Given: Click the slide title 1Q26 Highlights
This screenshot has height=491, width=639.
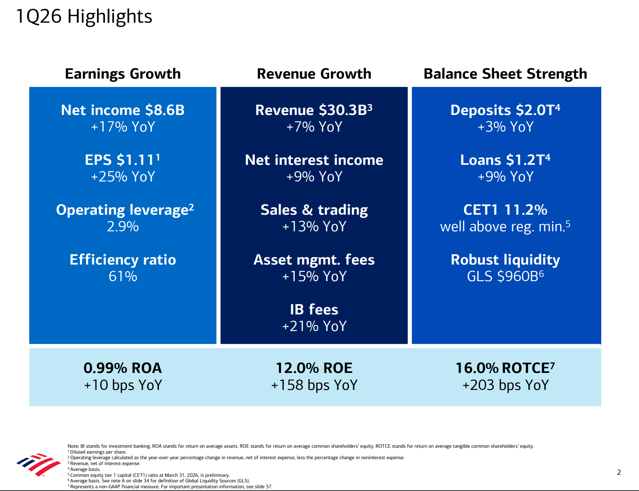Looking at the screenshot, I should (84, 16).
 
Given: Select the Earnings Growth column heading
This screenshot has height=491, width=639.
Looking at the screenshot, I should (123, 74).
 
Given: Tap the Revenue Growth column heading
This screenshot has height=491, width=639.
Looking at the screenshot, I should (314, 74).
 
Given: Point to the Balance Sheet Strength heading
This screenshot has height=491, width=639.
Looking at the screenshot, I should (505, 74).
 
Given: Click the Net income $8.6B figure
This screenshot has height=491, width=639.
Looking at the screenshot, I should (123, 110).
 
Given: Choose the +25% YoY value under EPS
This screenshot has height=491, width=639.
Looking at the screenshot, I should (123, 177).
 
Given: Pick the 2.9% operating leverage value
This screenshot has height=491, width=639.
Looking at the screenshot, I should (123, 226).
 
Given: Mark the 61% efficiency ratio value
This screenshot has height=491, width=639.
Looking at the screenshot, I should (123, 276).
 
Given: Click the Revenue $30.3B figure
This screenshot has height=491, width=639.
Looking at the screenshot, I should (314, 110).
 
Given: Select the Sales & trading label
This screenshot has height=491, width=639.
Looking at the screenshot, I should (314, 210).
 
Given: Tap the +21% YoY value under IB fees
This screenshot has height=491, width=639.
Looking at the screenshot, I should (314, 326).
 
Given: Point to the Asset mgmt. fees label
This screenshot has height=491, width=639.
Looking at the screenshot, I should (314, 260).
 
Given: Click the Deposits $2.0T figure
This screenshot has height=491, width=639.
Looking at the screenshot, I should (505, 110).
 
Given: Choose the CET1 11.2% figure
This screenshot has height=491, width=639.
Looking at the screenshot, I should (505, 210).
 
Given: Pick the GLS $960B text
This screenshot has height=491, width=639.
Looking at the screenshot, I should (505, 276).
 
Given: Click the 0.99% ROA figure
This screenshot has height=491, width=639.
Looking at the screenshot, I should (123, 368).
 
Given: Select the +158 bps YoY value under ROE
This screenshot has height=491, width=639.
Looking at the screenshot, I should (314, 385).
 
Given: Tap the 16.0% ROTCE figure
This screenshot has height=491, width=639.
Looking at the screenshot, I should (505, 368).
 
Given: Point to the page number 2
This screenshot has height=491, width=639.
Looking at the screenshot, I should (619, 472).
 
